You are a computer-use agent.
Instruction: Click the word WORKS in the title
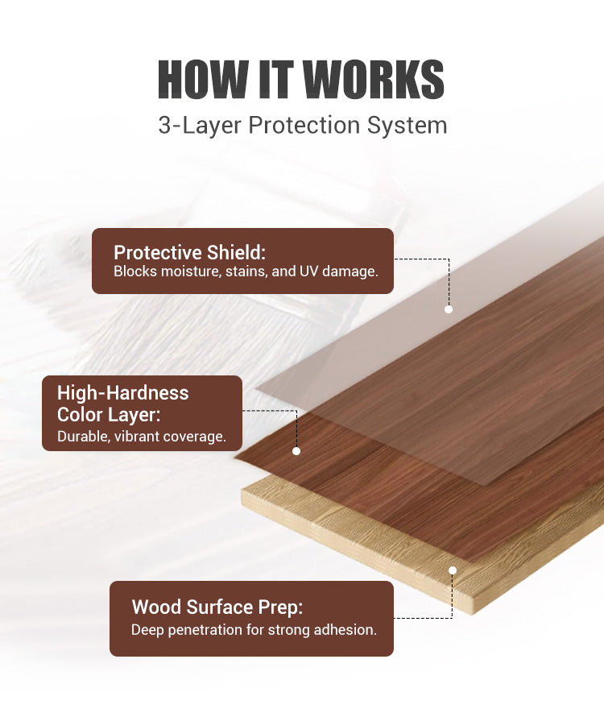373,79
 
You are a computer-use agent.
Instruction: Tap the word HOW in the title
203,79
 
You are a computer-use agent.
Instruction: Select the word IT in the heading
275,79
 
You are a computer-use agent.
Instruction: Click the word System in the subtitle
407,125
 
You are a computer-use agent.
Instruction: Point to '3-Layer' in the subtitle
200,125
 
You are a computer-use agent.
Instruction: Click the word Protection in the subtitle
304,125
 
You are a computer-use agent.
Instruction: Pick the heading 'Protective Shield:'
189,252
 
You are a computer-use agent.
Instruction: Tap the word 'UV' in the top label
308,272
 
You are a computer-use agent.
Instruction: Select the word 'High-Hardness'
122,393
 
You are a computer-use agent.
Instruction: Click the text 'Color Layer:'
109,415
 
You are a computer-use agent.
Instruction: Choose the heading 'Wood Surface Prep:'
217,607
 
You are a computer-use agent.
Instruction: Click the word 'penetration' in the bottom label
205,630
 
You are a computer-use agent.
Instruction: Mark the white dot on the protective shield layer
449,309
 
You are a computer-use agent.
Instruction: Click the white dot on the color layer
296,451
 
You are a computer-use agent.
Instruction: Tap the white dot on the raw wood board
453,570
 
